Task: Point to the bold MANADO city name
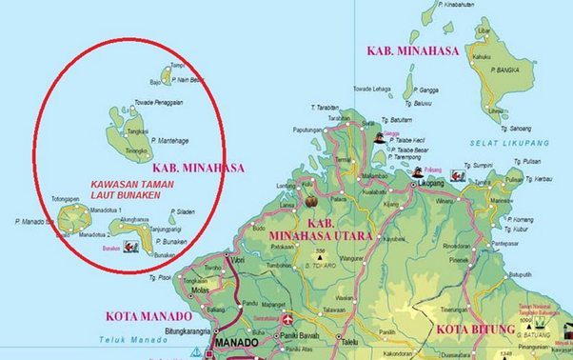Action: tap(237, 342)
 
